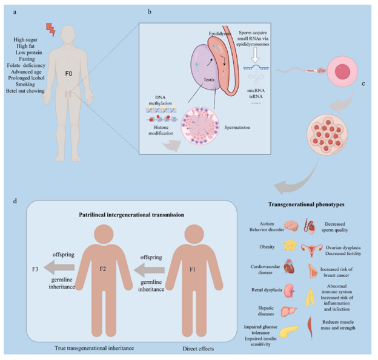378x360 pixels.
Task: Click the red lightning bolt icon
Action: [x=51, y=30]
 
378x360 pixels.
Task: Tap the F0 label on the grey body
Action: [x=68, y=74]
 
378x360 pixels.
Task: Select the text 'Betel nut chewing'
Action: [x=25, y=91]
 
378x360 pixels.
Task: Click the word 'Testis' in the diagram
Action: [x=209, y=80]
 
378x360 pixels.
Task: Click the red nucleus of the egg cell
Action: [x=342, y=71]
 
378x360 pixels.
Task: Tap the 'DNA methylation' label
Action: [x=161, y=100]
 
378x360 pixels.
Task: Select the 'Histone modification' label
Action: [x=161, y=130]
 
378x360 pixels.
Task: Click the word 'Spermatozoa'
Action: [x=237, y=128]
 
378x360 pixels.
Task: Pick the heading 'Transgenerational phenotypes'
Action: [x=306, y=205]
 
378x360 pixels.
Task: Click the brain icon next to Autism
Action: [x=291, y=226]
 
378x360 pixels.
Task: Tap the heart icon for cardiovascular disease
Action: [x=289, y=266]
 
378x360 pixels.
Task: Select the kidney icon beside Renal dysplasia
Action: [x=290, y=290]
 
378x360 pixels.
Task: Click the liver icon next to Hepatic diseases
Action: [x=288, y=311]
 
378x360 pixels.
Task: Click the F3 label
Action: [x=35, y=269]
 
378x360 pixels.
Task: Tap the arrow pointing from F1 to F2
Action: [x=149, y=270]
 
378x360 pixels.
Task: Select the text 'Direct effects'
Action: [x=198, y=349]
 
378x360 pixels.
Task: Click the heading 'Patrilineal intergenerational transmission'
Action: [x=131, y=215]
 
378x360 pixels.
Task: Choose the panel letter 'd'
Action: [x=15, y=201]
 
